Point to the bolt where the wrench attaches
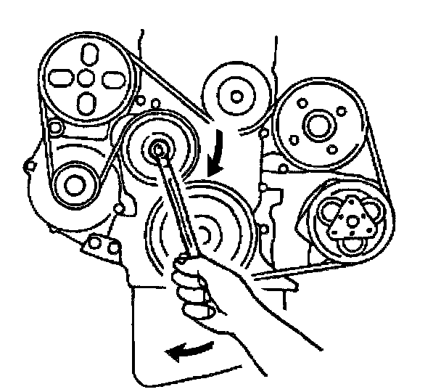tap(157, 150)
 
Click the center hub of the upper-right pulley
tap(316, 124)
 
